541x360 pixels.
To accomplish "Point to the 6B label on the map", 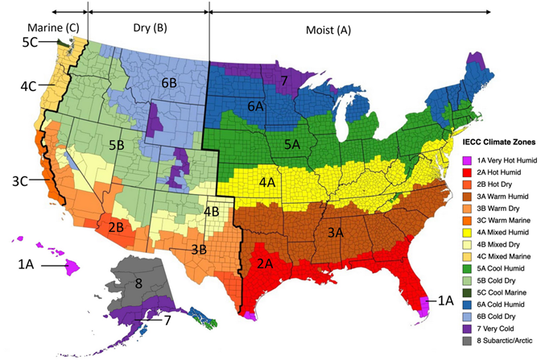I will (x=168, y=83).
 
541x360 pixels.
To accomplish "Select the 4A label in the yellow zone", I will (x=269, y=184).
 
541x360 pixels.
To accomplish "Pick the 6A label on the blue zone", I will (x=257, y=106).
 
